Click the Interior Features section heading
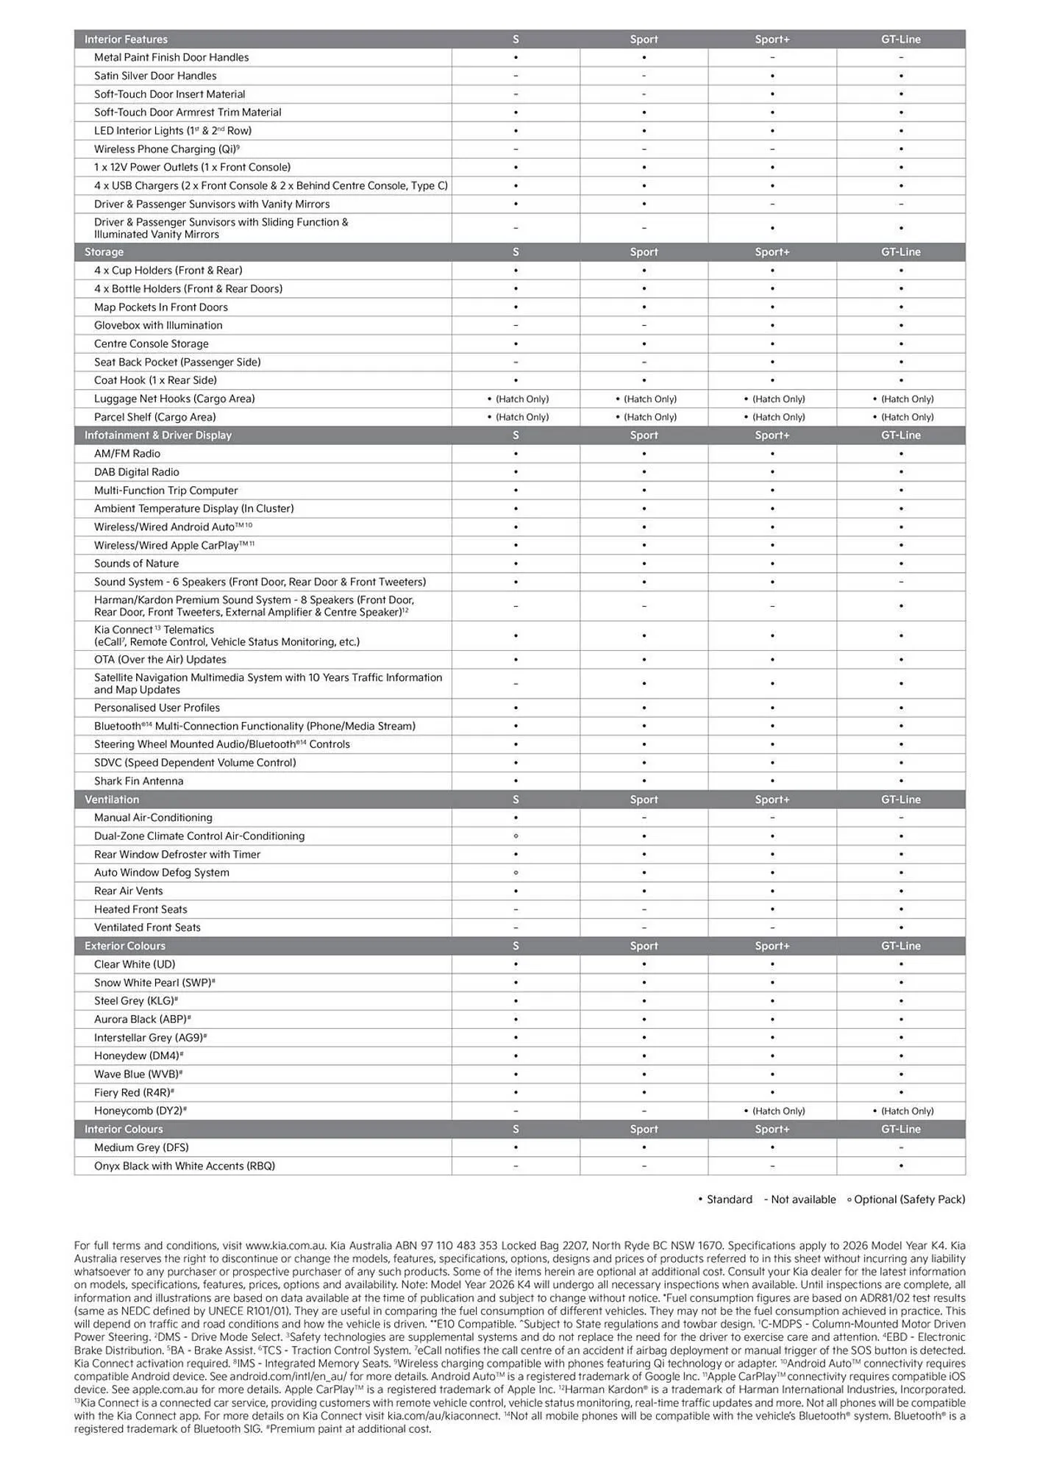126,40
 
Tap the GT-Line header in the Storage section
901,252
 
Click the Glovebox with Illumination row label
158,326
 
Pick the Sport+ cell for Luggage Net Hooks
774,399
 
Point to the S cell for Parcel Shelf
518,417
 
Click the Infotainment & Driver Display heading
158,435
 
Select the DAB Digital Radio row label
137,472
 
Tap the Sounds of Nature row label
136,564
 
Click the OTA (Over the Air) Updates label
160,660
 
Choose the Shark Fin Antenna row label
139,781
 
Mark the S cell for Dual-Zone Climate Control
516,836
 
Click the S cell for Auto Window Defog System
516,873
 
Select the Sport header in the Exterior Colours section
644,947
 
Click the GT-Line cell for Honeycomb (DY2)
902,1111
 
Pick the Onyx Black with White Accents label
185,1167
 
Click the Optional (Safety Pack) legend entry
905,1200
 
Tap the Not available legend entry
799,1200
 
